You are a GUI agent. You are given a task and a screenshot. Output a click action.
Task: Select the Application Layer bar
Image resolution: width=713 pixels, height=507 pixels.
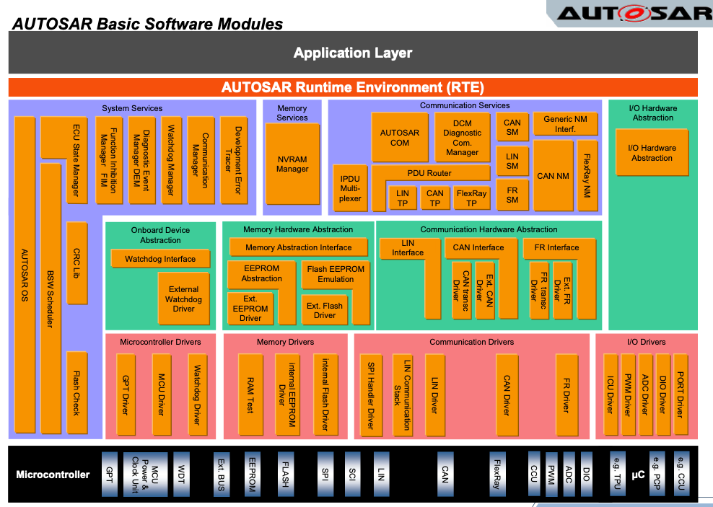pyautogui.click(x=353, y=53)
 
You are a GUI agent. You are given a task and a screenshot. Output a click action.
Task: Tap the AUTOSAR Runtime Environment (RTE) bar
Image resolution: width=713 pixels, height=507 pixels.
pyautogui.click(x=353, y=87)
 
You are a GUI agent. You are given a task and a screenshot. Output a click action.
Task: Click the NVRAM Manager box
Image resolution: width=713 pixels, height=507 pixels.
pyautogui.click(x=292, y=164)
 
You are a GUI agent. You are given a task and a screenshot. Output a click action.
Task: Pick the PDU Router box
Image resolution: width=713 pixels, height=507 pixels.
pyautogui.click(x=429, y=173)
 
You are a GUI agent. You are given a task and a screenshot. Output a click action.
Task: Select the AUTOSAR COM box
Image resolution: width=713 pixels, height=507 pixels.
pyautogui.click(x=400, y=137)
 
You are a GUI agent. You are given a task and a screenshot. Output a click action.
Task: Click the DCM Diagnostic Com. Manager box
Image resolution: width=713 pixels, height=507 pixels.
pyautogui.click(x=462, y=138)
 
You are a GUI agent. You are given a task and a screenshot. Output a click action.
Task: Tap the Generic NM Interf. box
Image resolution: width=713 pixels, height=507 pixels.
pyautogui.click(x=565, y=124)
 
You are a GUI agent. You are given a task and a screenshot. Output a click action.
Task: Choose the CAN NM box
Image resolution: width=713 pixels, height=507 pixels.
pyautogui.click(x=553, y=175)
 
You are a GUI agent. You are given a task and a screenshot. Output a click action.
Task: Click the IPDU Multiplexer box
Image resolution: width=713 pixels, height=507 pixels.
pyautogui.click(x=350, y=188)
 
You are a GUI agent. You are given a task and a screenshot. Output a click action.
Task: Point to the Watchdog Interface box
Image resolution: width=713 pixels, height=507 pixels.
pyautogui.click(x=160, y=259)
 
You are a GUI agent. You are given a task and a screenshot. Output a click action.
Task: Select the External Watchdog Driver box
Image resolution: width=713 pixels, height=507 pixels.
pyautogui.click(x=183, y=299)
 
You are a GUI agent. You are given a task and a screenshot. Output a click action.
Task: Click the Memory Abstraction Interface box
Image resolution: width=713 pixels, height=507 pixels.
pyautogui.click(x=299, y=247)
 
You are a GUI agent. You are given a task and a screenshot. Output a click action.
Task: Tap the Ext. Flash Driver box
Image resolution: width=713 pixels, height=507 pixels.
pyautogui.click(x=325, y=310)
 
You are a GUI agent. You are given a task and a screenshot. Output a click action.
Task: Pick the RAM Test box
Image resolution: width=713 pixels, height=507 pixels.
pyautogui.click(x=250, y=394)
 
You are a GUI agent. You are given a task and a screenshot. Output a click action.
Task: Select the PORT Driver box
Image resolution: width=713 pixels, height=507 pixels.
pyautogui.click(x=680, y=394)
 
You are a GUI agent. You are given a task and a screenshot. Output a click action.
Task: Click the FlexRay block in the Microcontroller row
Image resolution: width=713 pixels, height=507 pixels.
pyautogui.click(x=497, y=473)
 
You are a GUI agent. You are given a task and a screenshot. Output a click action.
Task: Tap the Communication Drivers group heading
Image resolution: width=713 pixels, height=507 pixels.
pyautogui.click(x=472, y=342)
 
